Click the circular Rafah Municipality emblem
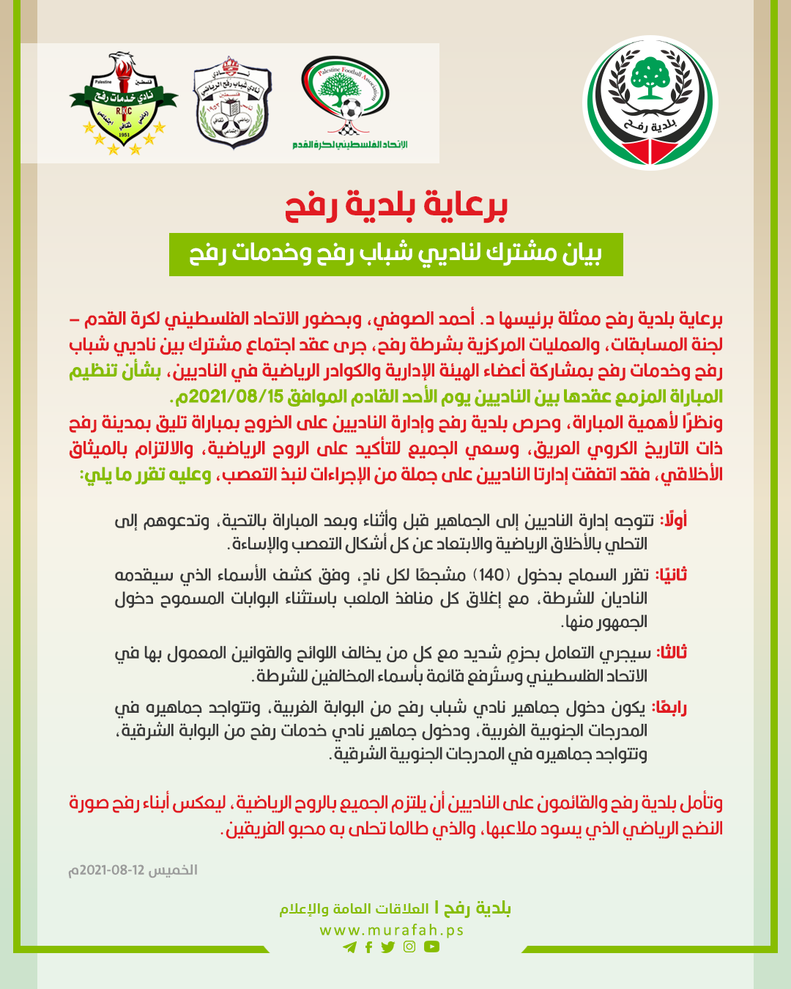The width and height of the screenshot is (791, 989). [x=650, y=103]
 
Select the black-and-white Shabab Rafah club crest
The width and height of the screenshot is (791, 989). [x=232, y=103]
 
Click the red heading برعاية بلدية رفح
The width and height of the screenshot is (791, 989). [x=396, y=206]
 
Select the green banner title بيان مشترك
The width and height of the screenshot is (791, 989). [x=396, y=254]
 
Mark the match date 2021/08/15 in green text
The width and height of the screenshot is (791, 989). [x=229, y=397]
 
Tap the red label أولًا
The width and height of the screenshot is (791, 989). [x=672, y=521]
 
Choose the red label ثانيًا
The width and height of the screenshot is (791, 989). [x=671, y=575]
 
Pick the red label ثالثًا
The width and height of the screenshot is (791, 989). [x=671, y=652]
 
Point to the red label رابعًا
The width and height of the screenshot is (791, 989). [x=669, y=707]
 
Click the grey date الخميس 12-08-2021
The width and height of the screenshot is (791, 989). [x=133, y=870]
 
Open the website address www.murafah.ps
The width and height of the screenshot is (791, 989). [x=392, y=930]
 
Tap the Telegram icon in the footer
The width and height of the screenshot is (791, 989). [x=349, y=947]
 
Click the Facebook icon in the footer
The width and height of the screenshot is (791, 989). [x=368, y=947]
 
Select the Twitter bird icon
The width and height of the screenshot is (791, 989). [x=388, y=947]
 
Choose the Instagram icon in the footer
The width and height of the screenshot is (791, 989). [x=409, y=947]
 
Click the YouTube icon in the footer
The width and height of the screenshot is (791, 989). [x=431, y=947]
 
